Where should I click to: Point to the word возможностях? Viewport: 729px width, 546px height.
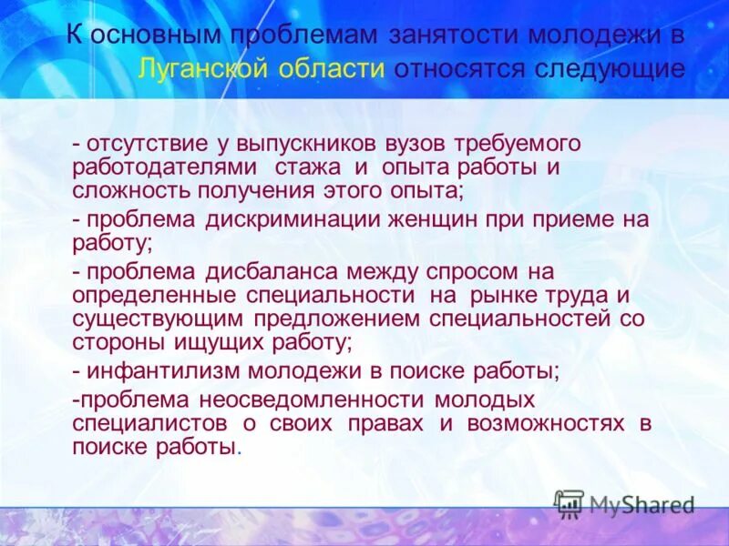coord(546,424)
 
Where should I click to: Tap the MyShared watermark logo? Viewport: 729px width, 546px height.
coord(625,503)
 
